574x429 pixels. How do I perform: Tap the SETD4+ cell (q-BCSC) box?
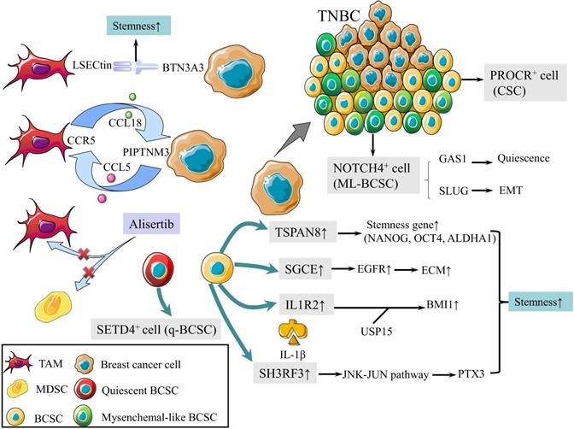151,327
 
